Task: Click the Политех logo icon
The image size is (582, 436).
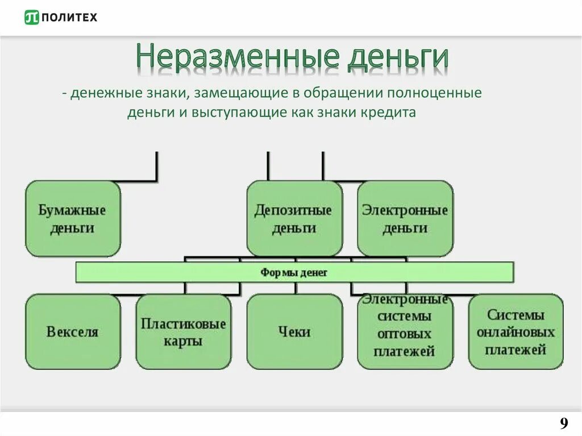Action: [32, 18]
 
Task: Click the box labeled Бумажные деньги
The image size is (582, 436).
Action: [73, 219]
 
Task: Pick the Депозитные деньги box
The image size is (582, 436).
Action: [294, 219]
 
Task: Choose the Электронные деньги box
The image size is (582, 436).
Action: [405, 219]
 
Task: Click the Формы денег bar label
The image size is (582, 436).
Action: [294, 273]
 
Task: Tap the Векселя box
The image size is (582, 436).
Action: [73, 331]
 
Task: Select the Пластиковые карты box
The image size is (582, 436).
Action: [184, 331]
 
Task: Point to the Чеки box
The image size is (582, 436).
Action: [294, 331]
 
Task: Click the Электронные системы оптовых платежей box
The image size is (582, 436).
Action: [405, 331]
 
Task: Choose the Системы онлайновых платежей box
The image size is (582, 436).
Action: [516, 331]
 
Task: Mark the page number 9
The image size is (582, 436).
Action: [563, 423]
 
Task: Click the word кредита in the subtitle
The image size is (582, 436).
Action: [390, 112]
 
